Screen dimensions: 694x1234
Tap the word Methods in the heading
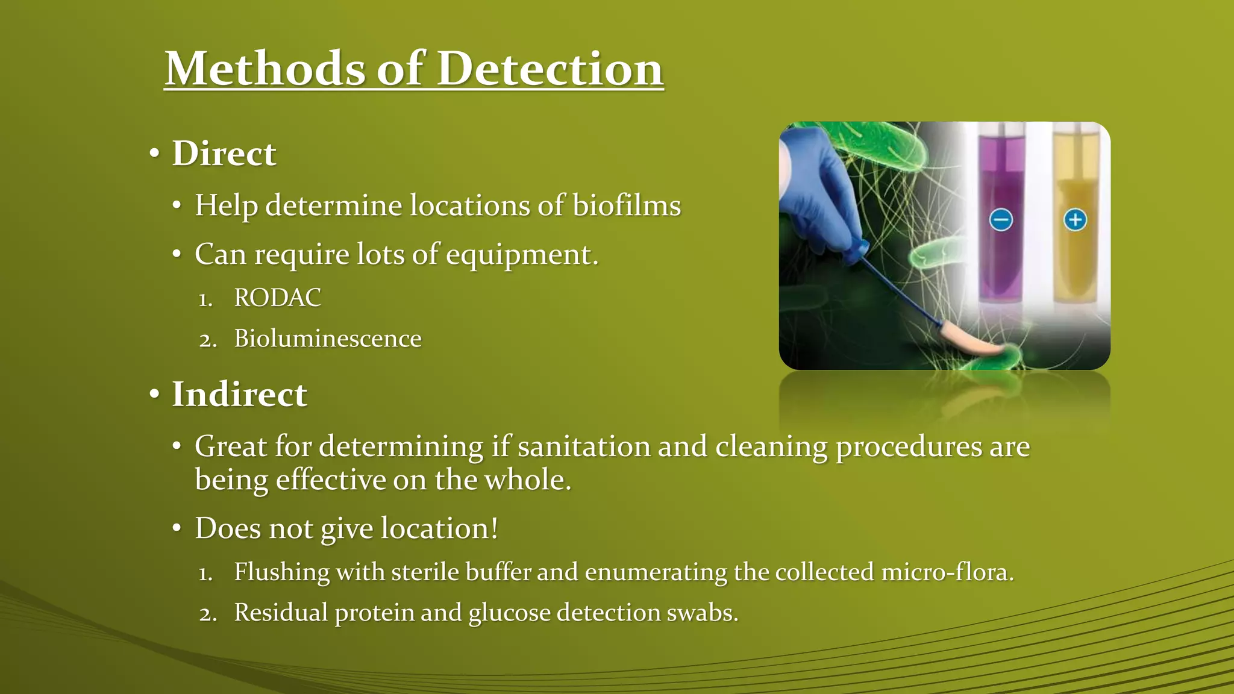[265, 69]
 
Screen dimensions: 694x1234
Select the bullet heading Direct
[224, 154]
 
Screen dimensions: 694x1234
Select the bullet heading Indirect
[239, 395]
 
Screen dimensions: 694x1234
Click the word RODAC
[277, 298]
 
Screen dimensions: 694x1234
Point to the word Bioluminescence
[327, 339]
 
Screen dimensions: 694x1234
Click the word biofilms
[627, 205]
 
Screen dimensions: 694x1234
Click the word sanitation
[583, 447]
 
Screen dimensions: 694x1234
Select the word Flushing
[281, 572]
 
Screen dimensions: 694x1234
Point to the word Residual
[281, 613]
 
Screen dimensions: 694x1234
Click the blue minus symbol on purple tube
[1001, 220]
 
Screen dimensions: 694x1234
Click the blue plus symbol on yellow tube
[1076, 220]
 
